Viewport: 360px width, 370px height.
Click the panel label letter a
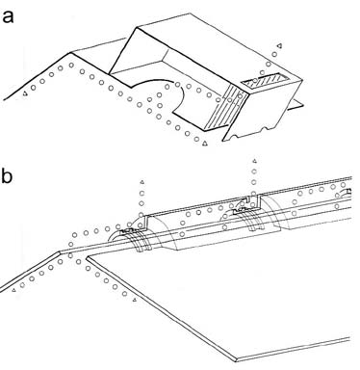click(8, 16)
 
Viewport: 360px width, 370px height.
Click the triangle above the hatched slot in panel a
click(279, 46)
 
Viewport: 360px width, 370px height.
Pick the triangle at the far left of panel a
click(25, 94)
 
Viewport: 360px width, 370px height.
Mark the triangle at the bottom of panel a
click(204, 144)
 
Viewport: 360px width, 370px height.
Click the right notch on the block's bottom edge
click(265, 129)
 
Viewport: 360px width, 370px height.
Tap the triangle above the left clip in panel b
click(142, 182)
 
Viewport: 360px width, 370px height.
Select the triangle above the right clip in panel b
click(254, 161)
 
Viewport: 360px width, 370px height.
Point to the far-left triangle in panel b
click(13, 290)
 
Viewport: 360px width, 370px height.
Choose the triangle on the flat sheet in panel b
click(135, 300)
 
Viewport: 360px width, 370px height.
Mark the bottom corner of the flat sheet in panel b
click(237, 360)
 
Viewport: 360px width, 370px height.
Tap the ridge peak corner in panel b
click(60, 251)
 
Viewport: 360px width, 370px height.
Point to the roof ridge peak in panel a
click(71, 52)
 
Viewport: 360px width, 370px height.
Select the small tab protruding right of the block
click(296, 105)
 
